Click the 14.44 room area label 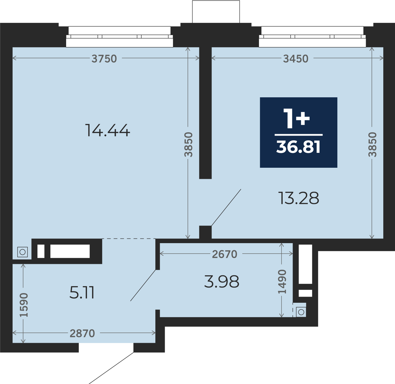(107, 130)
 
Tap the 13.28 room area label (298, 198)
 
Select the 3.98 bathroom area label (221, 282)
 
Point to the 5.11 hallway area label (82, 293)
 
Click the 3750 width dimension (104, 59)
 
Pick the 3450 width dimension (296, 59)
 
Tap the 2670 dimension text (224, 254)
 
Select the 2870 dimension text (82, 333)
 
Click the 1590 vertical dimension (24, 305)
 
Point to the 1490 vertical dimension (282, 282)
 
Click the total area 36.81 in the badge (298, 147)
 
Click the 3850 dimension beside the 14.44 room (189, 145)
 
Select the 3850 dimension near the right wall (372, 145)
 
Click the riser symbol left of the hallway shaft (23, 252)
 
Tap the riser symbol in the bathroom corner (301, 312)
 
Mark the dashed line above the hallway (129, 239)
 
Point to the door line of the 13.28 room (226, 207)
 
